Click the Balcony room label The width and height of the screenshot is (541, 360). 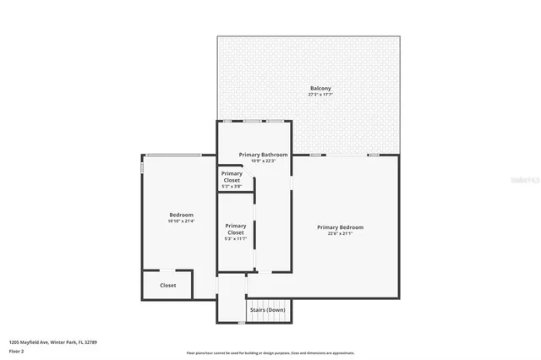320,88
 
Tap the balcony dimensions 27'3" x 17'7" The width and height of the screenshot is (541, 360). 320,95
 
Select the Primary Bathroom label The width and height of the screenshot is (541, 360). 263,155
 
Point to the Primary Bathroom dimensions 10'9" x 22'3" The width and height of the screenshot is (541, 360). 263,161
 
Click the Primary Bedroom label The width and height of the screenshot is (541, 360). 340,226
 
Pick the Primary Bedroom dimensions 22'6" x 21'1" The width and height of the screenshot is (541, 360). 340,233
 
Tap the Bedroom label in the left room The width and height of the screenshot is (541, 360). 182,215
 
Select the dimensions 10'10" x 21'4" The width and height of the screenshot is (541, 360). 182,221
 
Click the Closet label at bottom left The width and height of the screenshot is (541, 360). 168,285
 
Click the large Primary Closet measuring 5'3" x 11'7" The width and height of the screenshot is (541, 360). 236,229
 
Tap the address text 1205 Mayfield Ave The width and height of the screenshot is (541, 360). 53,342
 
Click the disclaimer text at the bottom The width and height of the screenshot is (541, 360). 270,353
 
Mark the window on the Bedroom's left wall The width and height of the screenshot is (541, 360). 141,166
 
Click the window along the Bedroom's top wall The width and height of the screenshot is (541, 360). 173,155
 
